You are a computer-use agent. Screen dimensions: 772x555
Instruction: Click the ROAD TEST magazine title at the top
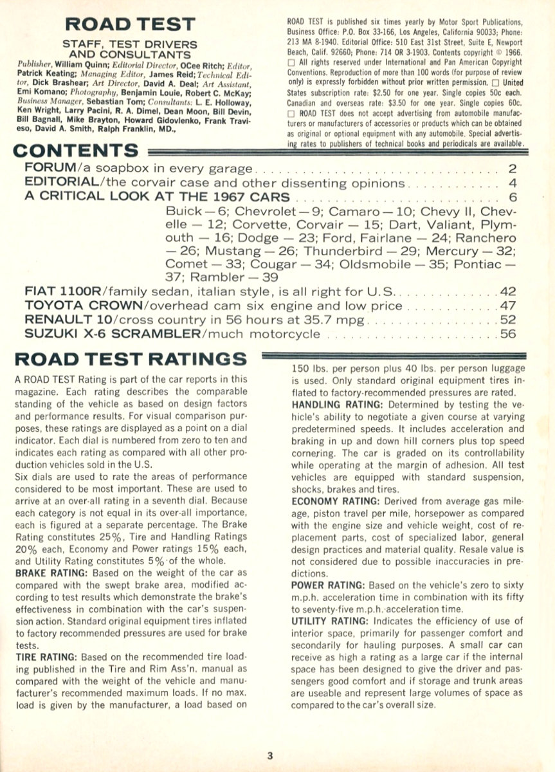tap(139, 24)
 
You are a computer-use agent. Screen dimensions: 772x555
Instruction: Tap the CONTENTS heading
tap(75, 151)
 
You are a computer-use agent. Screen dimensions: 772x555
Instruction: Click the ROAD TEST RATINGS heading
tap(130, 358)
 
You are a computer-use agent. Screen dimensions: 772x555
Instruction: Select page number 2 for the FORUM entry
tap(513, 169)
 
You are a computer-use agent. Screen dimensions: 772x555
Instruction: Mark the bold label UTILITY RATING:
tap(334, 620)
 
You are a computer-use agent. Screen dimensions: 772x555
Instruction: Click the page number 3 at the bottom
tap(271, 755)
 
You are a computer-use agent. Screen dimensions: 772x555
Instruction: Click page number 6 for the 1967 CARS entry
tap(513, 198)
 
